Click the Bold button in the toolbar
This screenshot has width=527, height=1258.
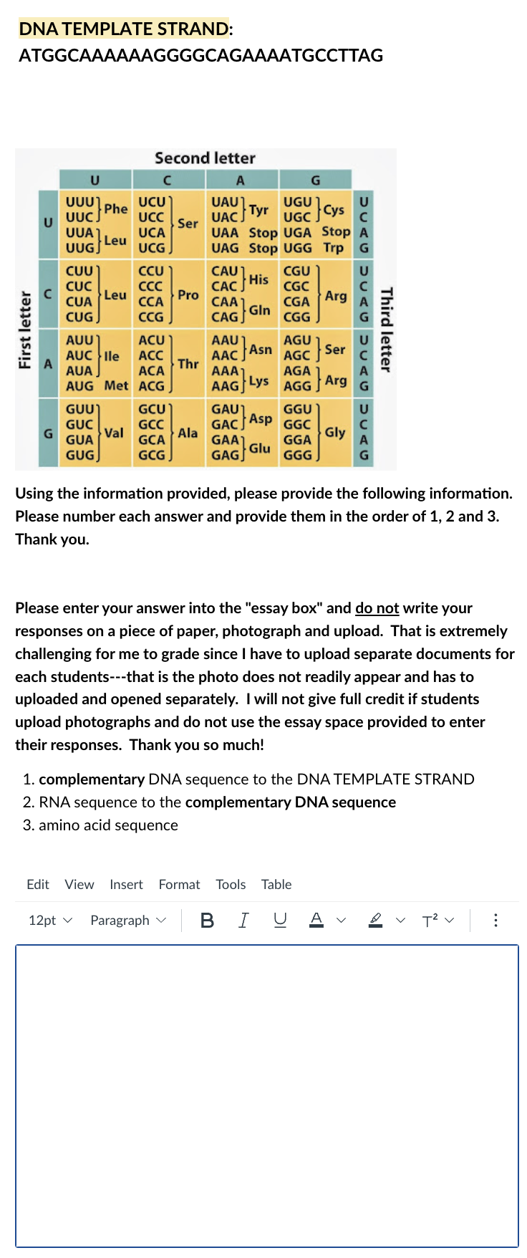[207, 921]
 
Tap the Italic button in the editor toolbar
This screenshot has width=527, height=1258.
[243, 921]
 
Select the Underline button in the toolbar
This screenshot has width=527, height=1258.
[280, 921]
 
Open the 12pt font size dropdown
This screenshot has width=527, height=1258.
[50, 921]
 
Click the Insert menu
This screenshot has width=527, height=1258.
[126, 885]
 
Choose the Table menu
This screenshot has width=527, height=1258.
[276, 885]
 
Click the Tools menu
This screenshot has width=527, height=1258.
[231, 885]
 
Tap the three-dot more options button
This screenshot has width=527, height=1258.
[495, 921]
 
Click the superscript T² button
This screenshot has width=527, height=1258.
[430, 921]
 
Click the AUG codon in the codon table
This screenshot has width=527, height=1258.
[79, 386]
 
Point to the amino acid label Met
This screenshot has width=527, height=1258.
[116, 386]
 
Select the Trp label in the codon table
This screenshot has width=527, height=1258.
[333, 248]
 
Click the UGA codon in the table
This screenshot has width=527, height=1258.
[297, 233]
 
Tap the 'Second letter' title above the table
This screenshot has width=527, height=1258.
[205, 158]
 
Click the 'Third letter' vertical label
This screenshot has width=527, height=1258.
[386, 330]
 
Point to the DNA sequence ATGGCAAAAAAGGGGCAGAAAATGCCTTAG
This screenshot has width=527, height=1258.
[200, 56]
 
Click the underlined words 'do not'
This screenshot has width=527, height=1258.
[377, 608]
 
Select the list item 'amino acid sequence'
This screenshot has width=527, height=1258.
[108, 825]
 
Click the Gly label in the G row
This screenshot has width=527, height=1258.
[334, 433]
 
